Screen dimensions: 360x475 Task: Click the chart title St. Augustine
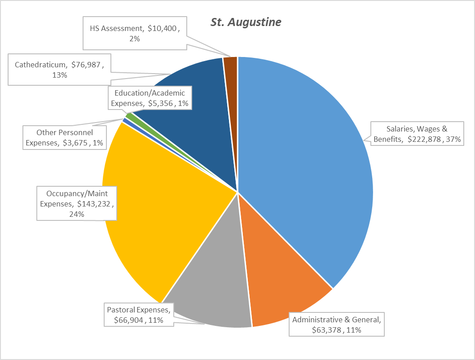[x=246, y=22]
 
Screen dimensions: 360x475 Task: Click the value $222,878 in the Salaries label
[x=425, y=139]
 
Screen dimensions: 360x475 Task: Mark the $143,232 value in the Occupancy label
[x=95, y=204]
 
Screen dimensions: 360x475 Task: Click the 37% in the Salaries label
[x=454, y=139]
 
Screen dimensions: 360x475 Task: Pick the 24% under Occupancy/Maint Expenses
[x=76, y=215]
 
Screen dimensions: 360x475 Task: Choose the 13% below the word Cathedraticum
[x=59, y=75]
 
